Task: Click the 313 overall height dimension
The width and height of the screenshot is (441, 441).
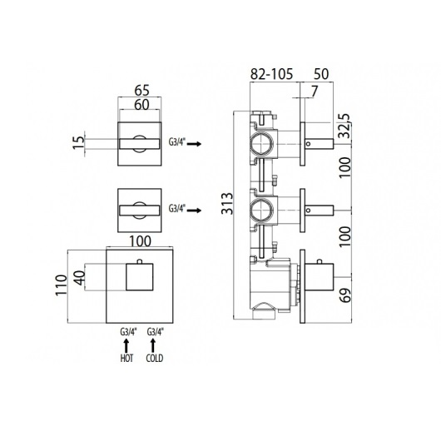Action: pyautogui.click(x=227, y=203)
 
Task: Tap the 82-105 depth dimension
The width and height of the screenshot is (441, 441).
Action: pyautogui.click(x=272, y=74)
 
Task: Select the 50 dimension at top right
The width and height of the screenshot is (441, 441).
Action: pyautogui.click(x=321, y=74)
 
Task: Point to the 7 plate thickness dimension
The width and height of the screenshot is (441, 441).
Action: pyautogui.click(x=315, y=91)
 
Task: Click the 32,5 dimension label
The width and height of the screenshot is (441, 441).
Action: pyautogui.click(x=345, y=126)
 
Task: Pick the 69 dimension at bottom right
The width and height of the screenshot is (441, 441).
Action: pyautogui.click(x=345, y=295)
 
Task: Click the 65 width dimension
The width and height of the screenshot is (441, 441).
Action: pyautogui.click(x=141, y=91)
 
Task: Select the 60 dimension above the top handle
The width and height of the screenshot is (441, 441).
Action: pyautogui.click(x=141, y=105)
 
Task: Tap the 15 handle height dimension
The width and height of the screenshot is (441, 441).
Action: pyautogui.click(x=79, y=142)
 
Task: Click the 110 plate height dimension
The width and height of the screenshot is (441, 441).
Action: pyautogui.click(x=62, y=285)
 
